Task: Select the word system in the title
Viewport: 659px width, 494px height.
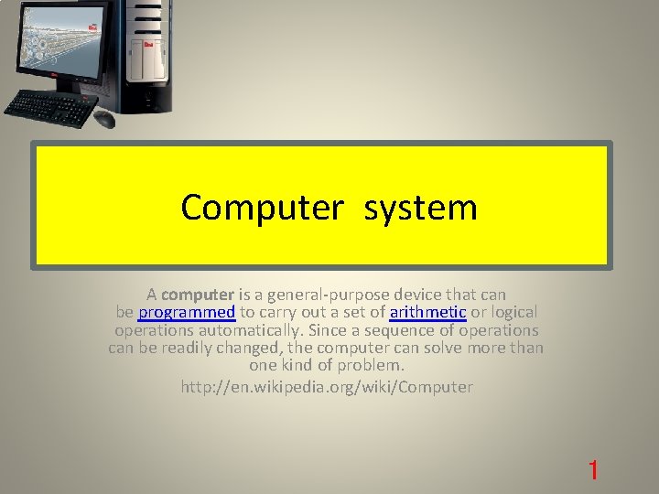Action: point(421,208)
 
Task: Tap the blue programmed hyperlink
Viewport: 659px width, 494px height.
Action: point(187,312)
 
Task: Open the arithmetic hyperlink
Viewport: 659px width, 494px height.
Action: point(428,312)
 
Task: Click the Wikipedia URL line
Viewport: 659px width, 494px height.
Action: point(327,387)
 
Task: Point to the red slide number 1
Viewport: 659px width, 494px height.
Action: point(593,471)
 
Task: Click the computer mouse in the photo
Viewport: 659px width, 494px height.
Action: point(104,119)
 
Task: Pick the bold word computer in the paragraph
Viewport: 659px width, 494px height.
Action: point(198,295)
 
